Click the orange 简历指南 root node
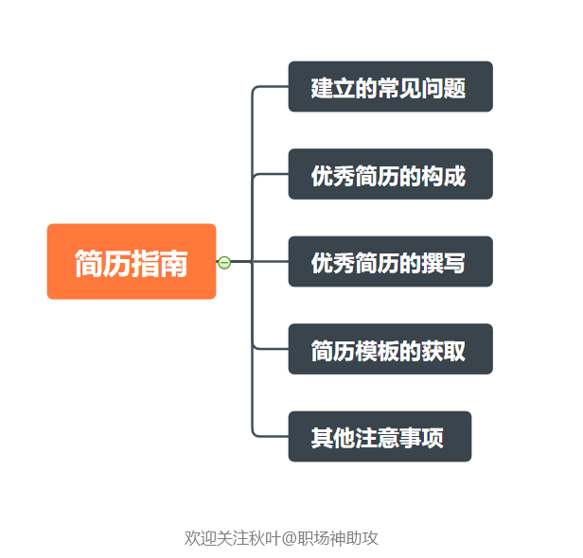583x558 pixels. tap(132, 262)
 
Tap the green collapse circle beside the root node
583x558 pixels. tap(224, 262)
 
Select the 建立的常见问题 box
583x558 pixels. tap(390, 87)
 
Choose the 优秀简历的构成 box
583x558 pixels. tap(390, 174)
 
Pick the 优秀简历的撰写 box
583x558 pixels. tap(390, 262)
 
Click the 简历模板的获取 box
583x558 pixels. tap(390, 349)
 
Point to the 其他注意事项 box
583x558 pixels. tap(379, 437)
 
